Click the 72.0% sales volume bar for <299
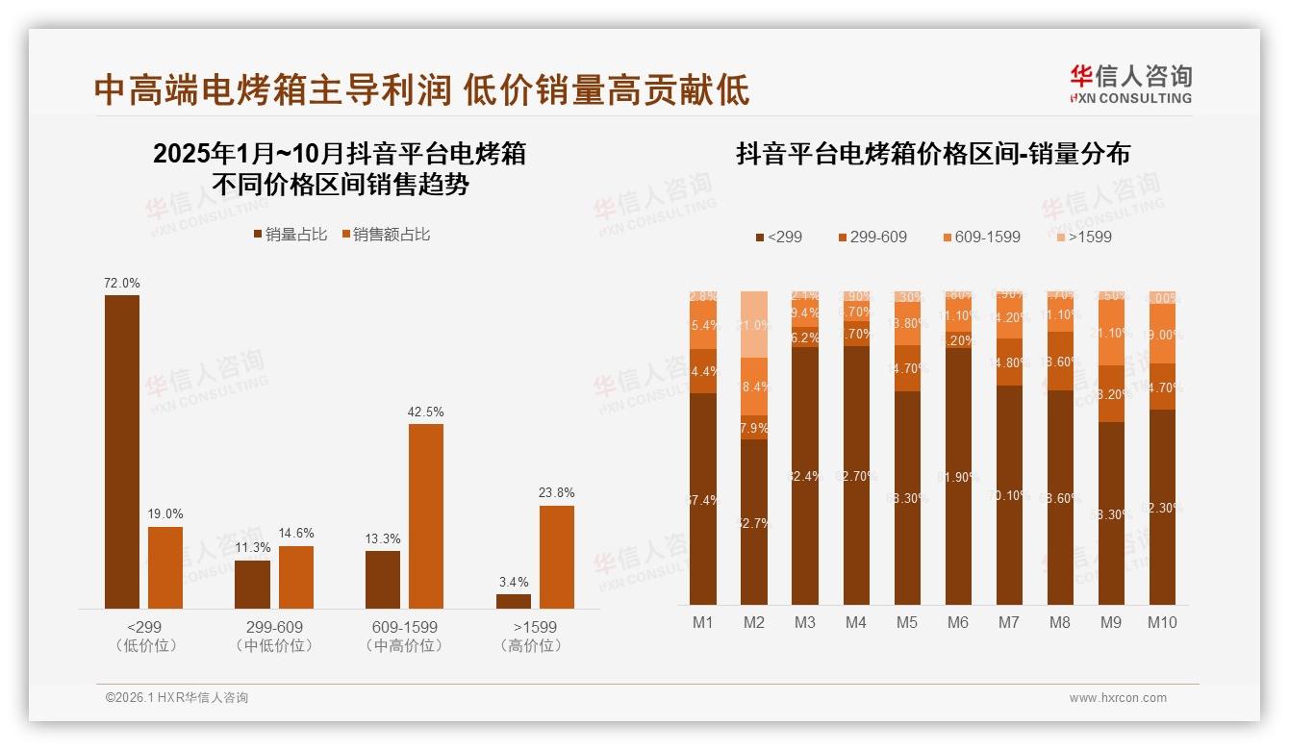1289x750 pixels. point(122,451)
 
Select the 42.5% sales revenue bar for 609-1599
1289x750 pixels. point(426,515)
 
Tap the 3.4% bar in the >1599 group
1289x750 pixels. point(514,601)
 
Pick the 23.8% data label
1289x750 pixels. point(557,492)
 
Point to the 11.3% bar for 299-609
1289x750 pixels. point(252,584)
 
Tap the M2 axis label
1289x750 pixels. point(754,622)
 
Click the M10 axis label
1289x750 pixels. point(1162,622)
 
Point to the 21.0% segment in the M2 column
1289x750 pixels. point(754,324)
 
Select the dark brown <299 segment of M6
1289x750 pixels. point(958,476)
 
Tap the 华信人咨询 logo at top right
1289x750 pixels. point(1130,84)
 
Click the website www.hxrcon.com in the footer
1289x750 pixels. point(1118,698)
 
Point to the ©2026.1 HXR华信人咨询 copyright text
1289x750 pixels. point(177,698)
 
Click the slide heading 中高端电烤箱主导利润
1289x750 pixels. point(273,89)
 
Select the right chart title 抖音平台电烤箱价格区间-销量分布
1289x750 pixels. point(932,154)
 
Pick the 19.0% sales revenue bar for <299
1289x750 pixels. point(165,567)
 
